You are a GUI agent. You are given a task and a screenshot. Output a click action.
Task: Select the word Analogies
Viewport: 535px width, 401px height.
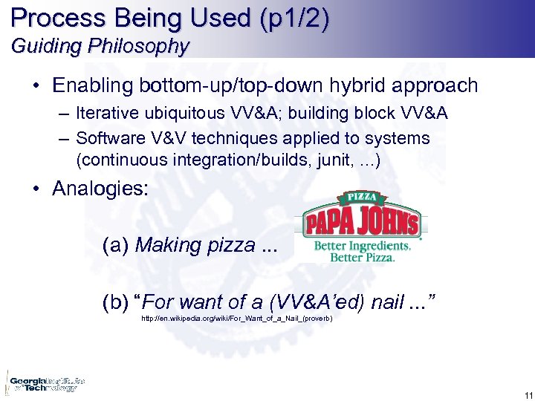click(100, 189)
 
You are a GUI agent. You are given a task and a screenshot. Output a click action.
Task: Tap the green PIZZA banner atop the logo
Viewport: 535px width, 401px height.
click(362, 198)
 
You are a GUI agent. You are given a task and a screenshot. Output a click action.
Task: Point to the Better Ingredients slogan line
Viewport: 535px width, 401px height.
click(362, 246)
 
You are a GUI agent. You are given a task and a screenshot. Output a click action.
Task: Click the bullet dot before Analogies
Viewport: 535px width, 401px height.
click(36, 189)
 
